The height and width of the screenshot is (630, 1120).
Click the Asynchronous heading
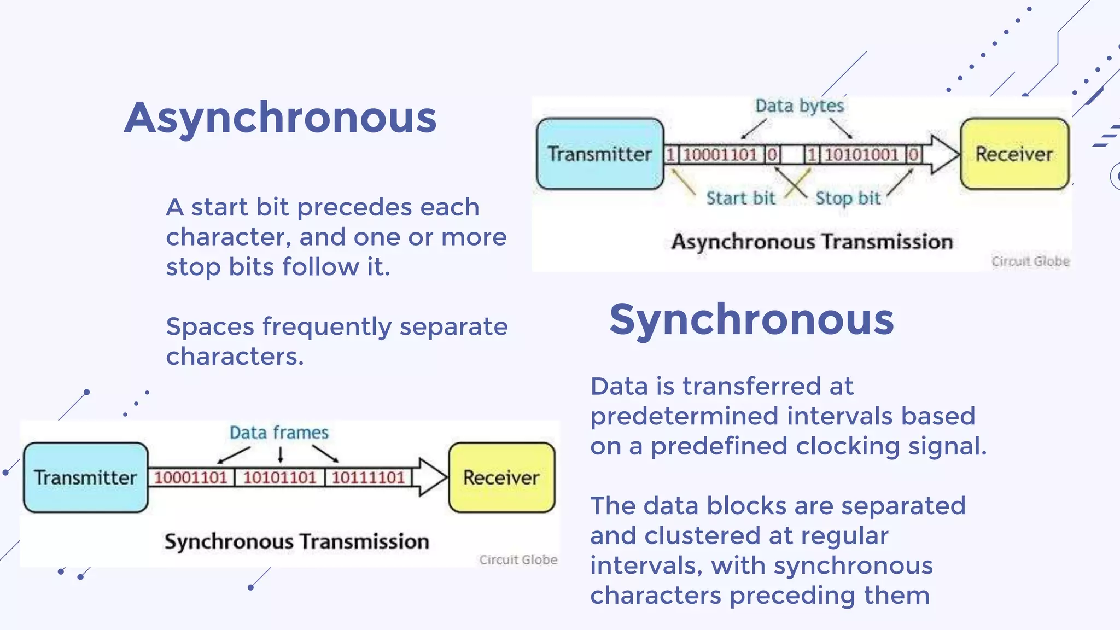280,118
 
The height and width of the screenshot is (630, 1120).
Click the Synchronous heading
751,320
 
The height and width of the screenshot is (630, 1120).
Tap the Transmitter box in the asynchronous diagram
600,154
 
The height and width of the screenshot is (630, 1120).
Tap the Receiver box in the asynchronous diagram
1014,154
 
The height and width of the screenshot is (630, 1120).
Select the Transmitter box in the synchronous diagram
85,477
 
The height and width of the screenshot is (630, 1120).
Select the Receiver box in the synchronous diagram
501,477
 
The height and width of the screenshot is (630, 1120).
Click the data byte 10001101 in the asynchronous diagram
720,155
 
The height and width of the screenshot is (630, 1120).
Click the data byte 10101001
861,155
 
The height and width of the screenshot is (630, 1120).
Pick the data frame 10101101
279,477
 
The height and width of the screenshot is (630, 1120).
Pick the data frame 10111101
368,477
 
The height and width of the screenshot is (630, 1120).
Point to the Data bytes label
799,106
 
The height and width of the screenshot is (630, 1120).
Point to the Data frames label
279,433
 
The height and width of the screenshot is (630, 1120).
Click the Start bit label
740,198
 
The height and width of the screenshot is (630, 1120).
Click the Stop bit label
848,198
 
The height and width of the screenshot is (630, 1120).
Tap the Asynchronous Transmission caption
812,242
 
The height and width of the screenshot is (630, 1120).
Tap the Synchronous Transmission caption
296,541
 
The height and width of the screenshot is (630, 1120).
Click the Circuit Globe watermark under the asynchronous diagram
1030,261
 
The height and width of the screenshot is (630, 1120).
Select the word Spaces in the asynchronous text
211,327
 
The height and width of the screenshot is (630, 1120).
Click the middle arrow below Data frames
281,454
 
